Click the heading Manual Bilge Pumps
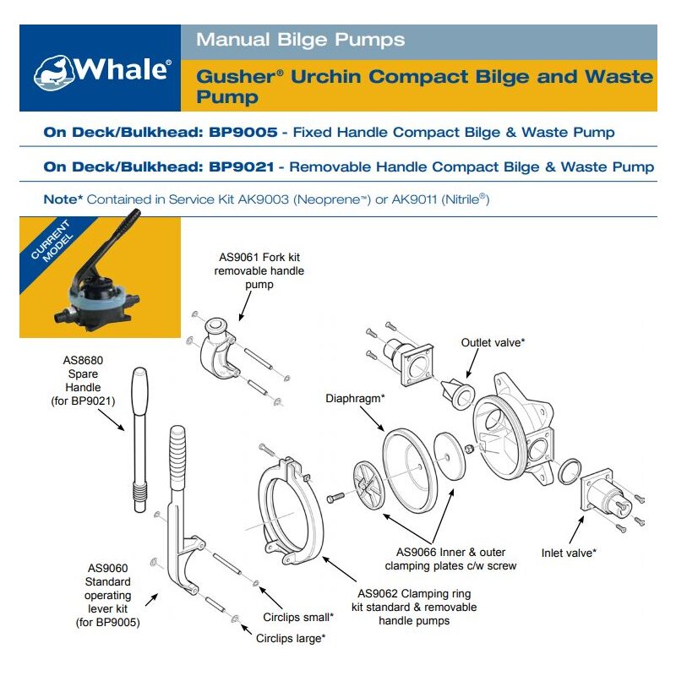click(x=300, y=40)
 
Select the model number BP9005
click(x=244, y=133)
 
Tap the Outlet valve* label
click(x=493, y=342)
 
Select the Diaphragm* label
click(x=356, y=396)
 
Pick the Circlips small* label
click(x=298, y=617)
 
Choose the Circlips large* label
click(x=291, y=639)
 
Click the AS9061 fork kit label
click(x=261, y=271)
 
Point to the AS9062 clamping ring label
click(x=417, y=607)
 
